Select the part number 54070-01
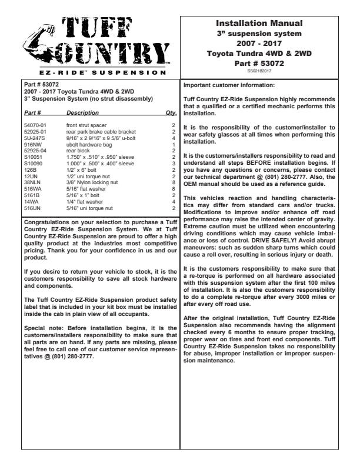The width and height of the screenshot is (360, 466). (x=35, y=125)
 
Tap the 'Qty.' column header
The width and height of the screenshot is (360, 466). (x=171, y=112)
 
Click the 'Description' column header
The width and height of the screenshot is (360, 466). (x=83, y=112)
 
